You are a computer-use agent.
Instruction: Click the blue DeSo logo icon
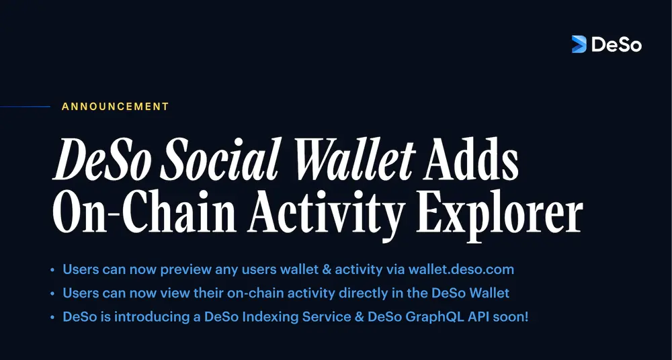click(x=579, y=44)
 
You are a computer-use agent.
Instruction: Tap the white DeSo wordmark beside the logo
click(x=617, y=44)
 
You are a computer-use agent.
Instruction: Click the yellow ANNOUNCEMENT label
click(x=116, y=107)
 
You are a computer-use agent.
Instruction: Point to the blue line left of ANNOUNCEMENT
click(x=25, y=107)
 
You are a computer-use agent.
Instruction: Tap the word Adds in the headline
click(x=470, y=159)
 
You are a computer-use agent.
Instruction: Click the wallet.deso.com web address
click(x=461, y=269)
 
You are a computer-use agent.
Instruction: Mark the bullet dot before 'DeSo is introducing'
click(x=52, y=318)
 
